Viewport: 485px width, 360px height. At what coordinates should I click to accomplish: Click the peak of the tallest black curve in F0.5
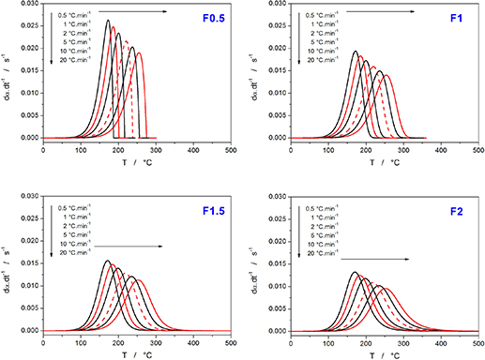coord(108,21)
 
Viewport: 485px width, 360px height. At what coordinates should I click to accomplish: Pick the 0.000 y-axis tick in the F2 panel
coord(274,330)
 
